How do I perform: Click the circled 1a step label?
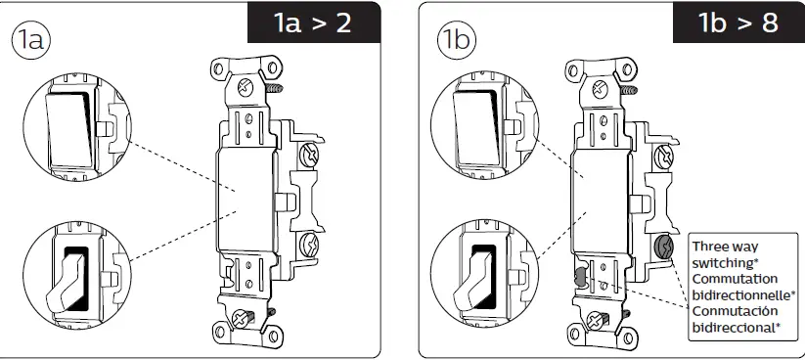pyautogui.click(x=30, y=39)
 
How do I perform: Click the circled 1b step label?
pyautogui.click(x=457, y=39)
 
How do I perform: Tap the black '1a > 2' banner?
pyautogui.click(x=314, y=22)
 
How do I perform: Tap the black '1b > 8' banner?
pyautogui.click(x=738, y=22)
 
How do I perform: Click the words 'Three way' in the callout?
pyautogui.click(x=725, y=247)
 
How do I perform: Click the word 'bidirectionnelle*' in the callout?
pyautogui.click(x=744, y=294)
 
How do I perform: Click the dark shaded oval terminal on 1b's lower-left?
pyautogui.click(x=579, y=276)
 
